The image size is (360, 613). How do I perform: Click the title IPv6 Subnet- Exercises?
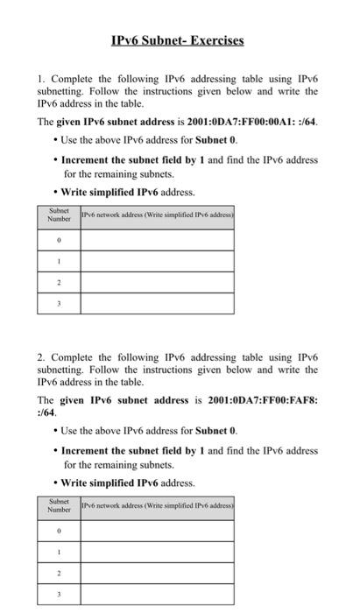[178, 40]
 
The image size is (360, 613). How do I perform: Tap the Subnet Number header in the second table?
[59, 505]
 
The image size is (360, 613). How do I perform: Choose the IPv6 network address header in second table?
[157, 505]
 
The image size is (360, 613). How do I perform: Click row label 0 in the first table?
[59, 238]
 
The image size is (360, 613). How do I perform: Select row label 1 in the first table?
[59, 260]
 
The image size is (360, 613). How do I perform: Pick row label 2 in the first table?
[59, 282]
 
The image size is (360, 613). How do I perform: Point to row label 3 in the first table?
[59, 303]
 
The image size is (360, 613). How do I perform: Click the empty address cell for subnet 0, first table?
[157, 238]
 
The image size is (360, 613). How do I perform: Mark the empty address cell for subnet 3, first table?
[157, 303]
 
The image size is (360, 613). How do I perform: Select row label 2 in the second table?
[59, 573]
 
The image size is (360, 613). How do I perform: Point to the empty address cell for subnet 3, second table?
[157, 594]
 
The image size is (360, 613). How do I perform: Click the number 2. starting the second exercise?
[40, 358]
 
